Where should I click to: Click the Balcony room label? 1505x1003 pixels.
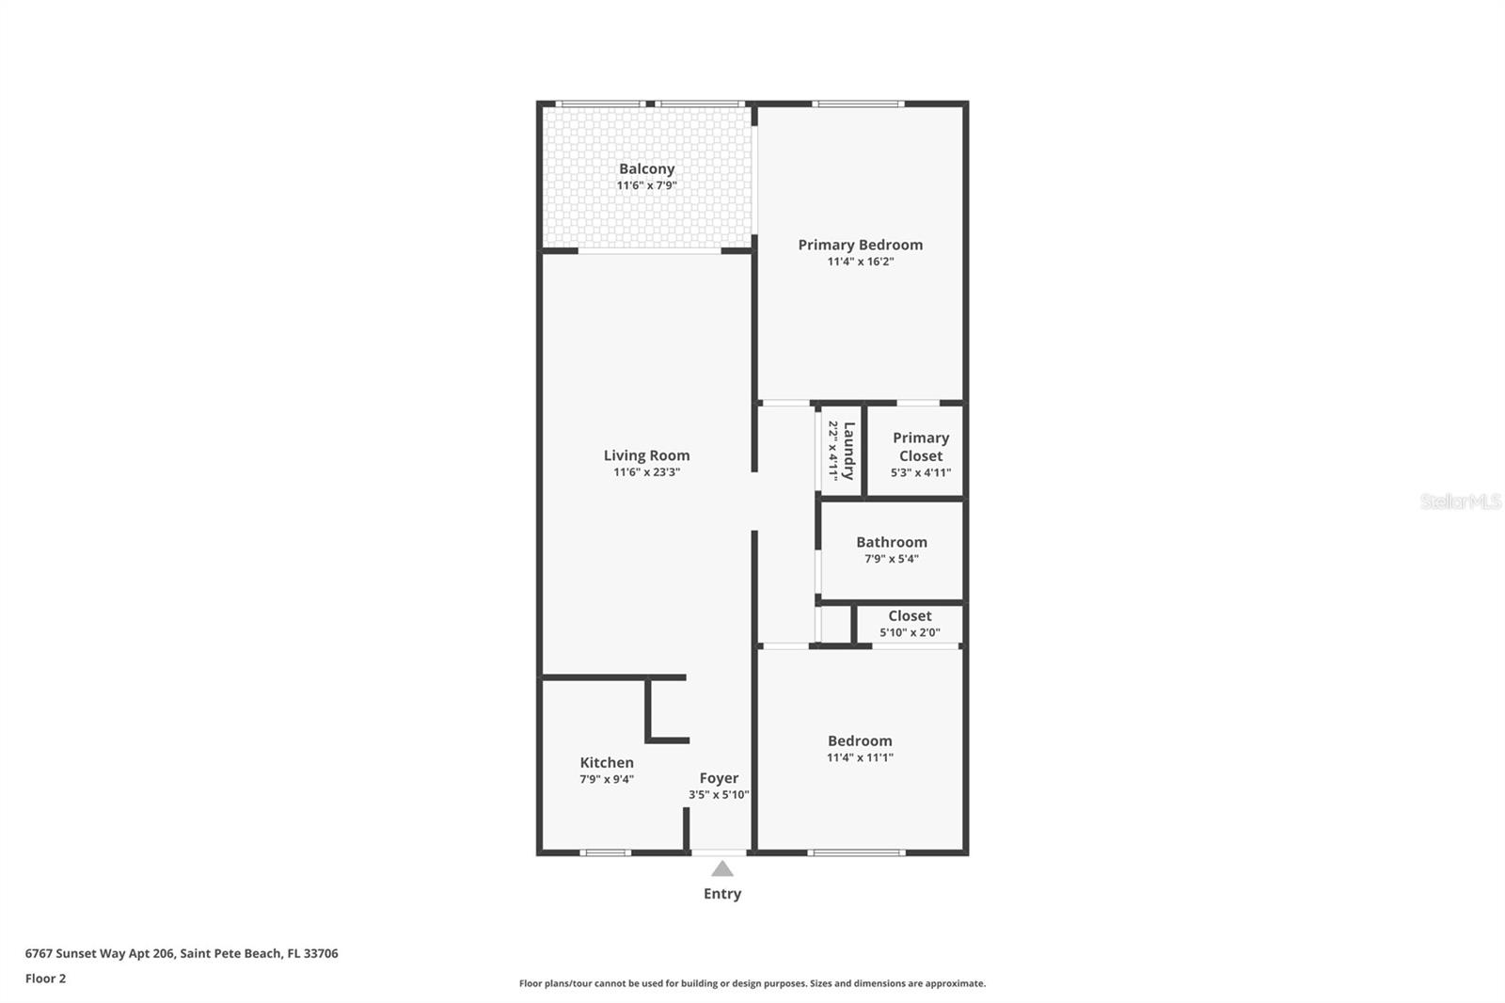tap(646, 169)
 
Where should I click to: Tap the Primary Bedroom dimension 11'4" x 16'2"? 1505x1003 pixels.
tap(860, 262)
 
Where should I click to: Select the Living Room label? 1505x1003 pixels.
tap(646, 455)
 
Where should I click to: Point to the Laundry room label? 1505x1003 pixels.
tap(848, 451)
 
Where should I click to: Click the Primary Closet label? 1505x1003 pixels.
tap(920, 447)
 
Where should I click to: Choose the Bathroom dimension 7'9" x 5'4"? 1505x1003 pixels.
tap(891, 559)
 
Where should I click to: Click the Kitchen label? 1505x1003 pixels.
tap(607, 763)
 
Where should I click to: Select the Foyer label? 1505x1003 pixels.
tap(719, 778)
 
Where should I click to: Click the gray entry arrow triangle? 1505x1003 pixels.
tap(721, 869)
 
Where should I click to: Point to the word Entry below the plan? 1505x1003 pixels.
tap(721, 894)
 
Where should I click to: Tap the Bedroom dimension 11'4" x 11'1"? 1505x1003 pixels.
tap(860, 757)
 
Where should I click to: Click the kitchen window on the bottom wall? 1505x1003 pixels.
tap(606, 852)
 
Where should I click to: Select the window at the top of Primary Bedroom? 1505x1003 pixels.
tap(858, 103)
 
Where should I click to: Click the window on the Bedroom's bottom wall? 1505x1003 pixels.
tap(856, 852)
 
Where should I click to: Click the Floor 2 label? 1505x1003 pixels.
tap(45, 979)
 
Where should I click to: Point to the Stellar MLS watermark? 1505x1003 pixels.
tap(1460, 501)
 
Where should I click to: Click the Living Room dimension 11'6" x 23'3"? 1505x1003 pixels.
tap(646, 472)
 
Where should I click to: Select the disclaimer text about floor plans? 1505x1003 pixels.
tap(752, 983)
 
